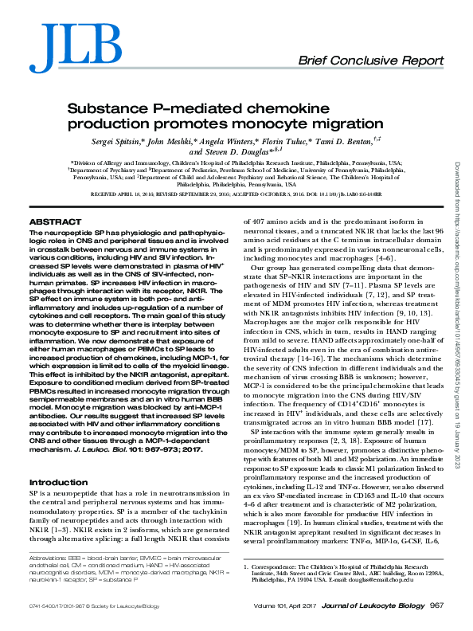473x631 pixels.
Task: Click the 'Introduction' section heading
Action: point(59,483)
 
